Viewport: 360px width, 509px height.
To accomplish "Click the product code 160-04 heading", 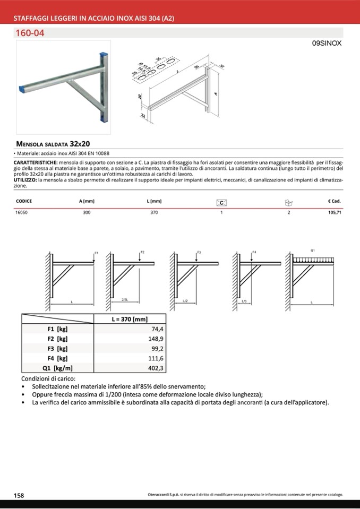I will coord(33,32).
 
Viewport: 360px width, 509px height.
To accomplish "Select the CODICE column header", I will coord(24,202).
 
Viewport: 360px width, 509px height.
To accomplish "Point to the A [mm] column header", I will coord(87,202).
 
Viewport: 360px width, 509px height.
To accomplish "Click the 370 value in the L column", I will coord(154,212).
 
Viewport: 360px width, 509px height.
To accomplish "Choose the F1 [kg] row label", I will coord(57,329).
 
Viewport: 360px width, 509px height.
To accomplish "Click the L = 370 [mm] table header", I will coord(130,319).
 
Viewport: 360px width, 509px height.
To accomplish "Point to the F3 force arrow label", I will coord(199,252).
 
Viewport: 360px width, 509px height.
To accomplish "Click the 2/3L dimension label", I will coord(125,300).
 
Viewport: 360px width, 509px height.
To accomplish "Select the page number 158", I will coord(19,495).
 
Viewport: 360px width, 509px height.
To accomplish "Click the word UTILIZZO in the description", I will coord(25,180).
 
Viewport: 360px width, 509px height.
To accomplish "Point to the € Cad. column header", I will coord(334,202).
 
